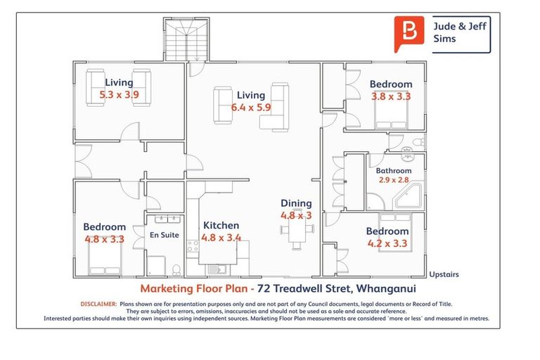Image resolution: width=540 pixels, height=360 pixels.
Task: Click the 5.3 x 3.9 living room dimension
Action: point(120,94)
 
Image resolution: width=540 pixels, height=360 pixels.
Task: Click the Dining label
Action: point(296,203)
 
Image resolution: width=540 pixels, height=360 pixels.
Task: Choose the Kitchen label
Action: point(221,226)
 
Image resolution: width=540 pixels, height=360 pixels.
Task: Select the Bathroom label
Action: point(393,170)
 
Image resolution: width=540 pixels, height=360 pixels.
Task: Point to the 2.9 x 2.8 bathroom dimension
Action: point(393,181)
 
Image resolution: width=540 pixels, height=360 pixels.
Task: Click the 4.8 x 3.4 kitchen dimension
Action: point(221,238)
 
